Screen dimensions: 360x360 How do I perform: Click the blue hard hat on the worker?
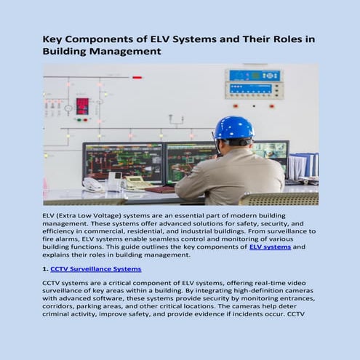pyautogui.click(x=233, y=128)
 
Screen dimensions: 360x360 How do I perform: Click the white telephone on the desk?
pyautogui.click(x=93, y=184)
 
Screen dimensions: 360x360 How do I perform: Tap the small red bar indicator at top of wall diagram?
pyautogui.click(x=137, y=77)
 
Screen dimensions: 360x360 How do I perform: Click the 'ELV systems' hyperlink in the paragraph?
pyautogui.click(x=270, y=247)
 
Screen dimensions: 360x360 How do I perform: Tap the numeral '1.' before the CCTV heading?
pyautogui.click(x=46, y=269)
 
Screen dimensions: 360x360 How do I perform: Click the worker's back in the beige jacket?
pyautogui.click(x=229, y=175)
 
